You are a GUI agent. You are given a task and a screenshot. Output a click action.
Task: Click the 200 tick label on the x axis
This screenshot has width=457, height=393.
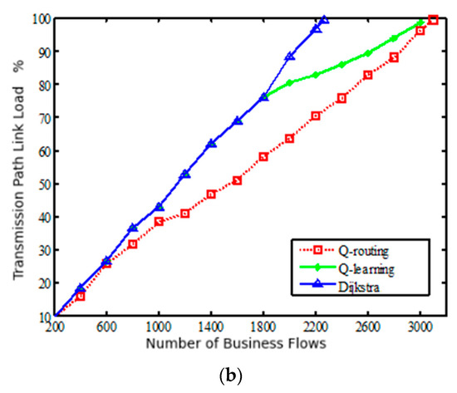coord(54,328)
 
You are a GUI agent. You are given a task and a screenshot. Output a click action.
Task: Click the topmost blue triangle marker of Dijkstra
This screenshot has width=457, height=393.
coord(324,19)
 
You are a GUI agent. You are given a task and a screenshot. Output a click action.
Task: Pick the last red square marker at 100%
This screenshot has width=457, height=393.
coord(433,19)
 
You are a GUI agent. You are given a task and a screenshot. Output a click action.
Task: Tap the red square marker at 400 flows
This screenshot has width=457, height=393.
coord(81,296)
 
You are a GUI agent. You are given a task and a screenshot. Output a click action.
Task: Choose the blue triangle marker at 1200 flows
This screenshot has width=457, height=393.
coord(184,174)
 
